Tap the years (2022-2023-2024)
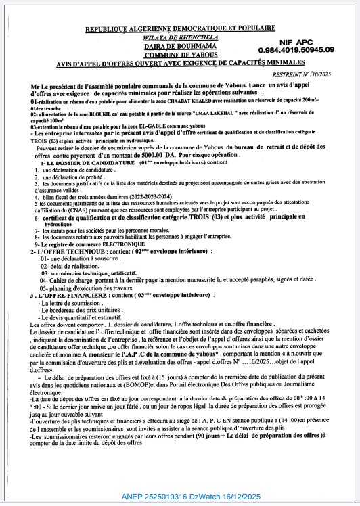click(127, 195)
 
